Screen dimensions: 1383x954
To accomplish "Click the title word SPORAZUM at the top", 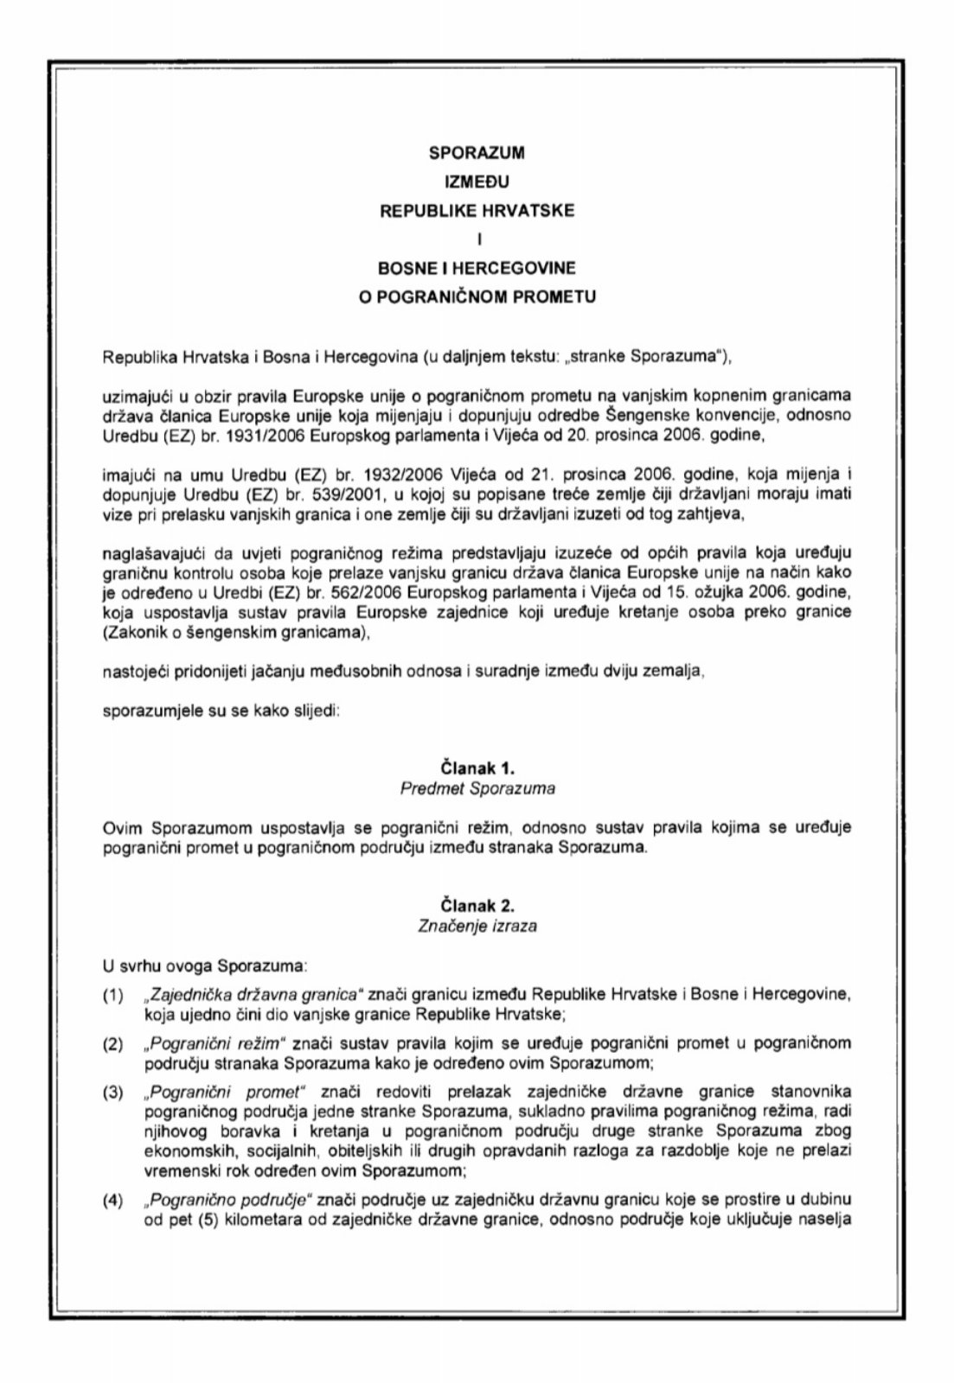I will click(x=477, y=154).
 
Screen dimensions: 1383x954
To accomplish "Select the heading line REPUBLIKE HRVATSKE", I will click(x=477, y=211).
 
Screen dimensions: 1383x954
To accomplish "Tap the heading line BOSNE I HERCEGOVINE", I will click(x=477, y=269).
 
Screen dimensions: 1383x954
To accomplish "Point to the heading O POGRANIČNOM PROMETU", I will click(x=477, y=297).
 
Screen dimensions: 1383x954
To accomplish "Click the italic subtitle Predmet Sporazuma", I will click(x=477, y=788).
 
